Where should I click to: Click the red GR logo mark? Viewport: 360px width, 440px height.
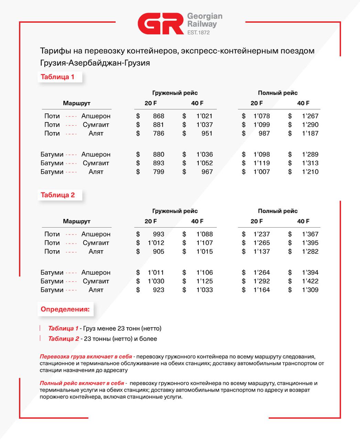pos(161,24)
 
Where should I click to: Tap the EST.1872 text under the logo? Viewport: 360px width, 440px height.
pos(198,33)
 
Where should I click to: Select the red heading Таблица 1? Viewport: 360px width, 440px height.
pos(57,77)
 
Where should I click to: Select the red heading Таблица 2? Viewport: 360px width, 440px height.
pos(58,195)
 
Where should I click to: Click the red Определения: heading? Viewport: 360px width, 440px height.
pos(65,309)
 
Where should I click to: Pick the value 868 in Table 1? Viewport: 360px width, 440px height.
pos(159,116)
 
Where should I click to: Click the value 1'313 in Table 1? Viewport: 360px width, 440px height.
pos(310,163)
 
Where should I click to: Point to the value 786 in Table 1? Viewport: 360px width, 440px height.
pos(159,133)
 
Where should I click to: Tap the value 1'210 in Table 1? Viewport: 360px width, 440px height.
pos(310,172)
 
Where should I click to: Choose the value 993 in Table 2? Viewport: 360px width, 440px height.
pos(159,234)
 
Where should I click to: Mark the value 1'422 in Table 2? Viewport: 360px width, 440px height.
pos(310,281)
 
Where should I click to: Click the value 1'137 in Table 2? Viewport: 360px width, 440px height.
pos(262,251)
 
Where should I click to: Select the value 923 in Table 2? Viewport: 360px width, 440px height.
pos(159,290)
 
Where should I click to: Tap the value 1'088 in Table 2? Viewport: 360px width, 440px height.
pos(205,234)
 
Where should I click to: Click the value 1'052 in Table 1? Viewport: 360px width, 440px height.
pos(205,163)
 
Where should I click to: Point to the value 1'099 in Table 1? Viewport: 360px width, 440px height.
pos(262,125)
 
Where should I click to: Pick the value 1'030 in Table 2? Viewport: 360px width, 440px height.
pos(156,281)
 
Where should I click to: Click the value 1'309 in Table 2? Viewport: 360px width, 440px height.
pos(310,290)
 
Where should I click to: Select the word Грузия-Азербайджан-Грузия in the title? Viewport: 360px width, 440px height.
pos(95,63)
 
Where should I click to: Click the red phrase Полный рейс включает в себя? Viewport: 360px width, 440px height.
pos(82,383)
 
